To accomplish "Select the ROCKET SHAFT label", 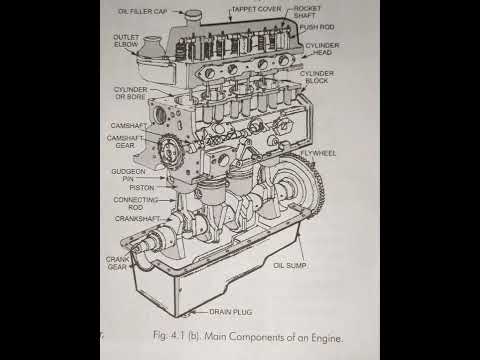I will click(314, 13).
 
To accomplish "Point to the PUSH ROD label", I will click(317, 28).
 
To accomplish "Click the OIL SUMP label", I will click(290, 266).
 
